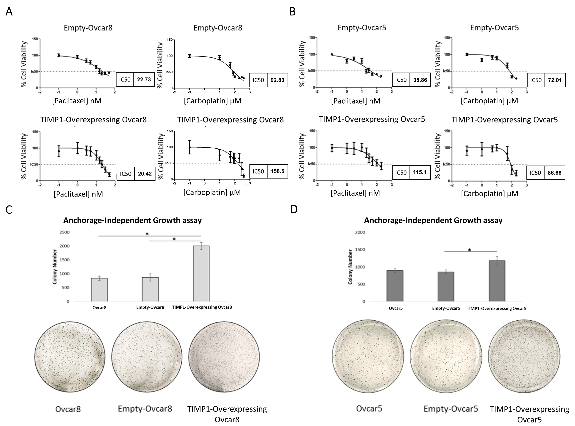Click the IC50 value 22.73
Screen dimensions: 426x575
144,79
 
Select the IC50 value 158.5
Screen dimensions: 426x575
277,171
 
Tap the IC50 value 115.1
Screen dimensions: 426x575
420,172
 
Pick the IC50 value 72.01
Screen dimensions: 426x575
555,80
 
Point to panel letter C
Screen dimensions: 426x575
9,210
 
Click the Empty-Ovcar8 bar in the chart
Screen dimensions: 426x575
150,289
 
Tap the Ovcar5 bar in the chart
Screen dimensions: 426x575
395,286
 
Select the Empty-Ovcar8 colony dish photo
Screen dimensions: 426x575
147,357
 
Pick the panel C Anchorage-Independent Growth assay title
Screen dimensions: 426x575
133,220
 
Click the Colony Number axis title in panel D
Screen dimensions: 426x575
350,267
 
